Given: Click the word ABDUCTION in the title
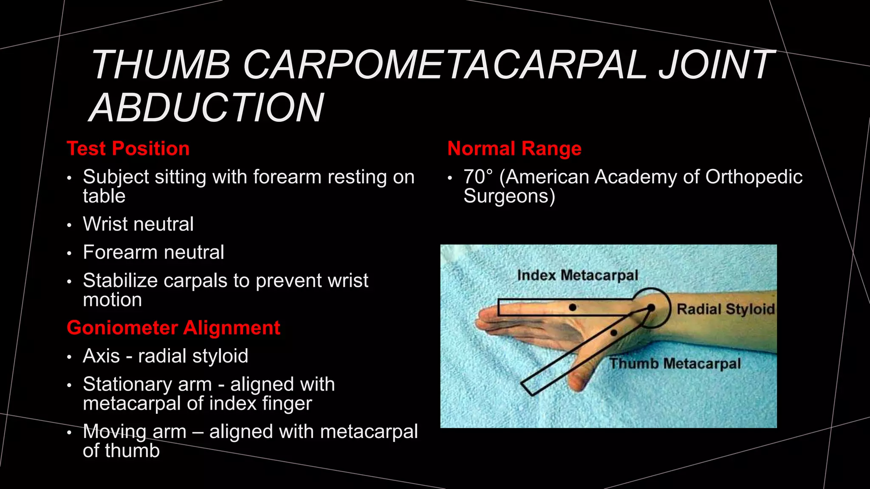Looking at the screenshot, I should coord(207,108).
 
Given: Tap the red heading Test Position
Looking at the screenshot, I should coord(128,149).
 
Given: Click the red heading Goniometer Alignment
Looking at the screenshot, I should coord(173,328).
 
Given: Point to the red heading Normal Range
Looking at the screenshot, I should coord(514,149).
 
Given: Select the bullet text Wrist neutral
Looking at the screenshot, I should coord(138,224).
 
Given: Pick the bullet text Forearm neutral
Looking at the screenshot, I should coord(153,252).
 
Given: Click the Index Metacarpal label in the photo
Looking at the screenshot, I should coord(577,275).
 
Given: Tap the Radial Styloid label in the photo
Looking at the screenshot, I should coord(725,309).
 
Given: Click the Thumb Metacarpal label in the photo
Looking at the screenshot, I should coord(675,364).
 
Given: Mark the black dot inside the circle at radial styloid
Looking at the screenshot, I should coord(651,307).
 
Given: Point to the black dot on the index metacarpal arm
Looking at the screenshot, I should coord(573,307).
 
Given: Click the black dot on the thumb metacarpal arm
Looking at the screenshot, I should coord(613,333).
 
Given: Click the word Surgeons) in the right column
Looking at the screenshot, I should coord(509,197).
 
